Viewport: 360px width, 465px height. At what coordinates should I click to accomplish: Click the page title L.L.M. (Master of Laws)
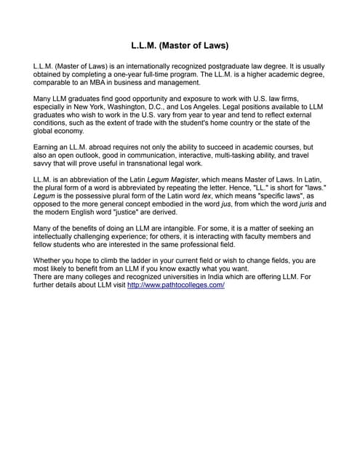pyautogui.click(x=180, y=46)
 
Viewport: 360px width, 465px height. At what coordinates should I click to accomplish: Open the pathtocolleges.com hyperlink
pyautogui.click(x=175, y=285)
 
